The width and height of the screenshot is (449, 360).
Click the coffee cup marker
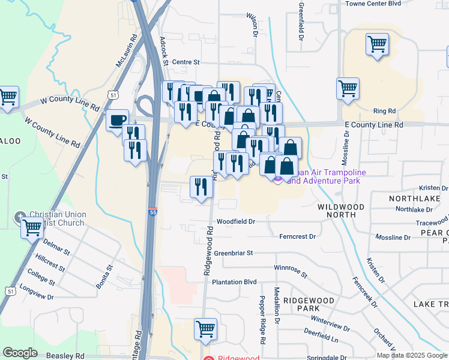(116, 119)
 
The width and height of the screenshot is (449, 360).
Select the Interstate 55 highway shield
(153, 212)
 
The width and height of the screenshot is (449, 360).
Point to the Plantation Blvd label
(234, 281)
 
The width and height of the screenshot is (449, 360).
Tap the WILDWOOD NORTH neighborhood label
(340, 210)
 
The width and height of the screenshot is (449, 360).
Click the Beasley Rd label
(65, 355)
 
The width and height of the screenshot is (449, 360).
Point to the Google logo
(20, 352)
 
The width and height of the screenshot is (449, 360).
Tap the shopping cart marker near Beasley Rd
(205, 329)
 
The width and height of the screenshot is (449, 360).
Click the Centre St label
(185, 62)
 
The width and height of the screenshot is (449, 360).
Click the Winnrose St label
(290, 271)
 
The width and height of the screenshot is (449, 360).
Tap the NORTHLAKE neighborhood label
(411, 198)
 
